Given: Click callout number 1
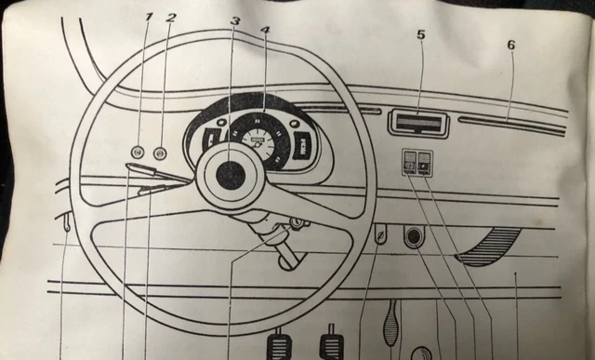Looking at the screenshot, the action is click(148, 17).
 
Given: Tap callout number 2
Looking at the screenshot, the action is click(170, 17).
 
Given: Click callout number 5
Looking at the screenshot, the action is click(420, 34).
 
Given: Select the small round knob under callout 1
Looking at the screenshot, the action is click(138, 152).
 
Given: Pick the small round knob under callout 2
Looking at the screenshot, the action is click(160, 152).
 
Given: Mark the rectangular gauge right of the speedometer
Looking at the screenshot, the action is click(302, 146).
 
